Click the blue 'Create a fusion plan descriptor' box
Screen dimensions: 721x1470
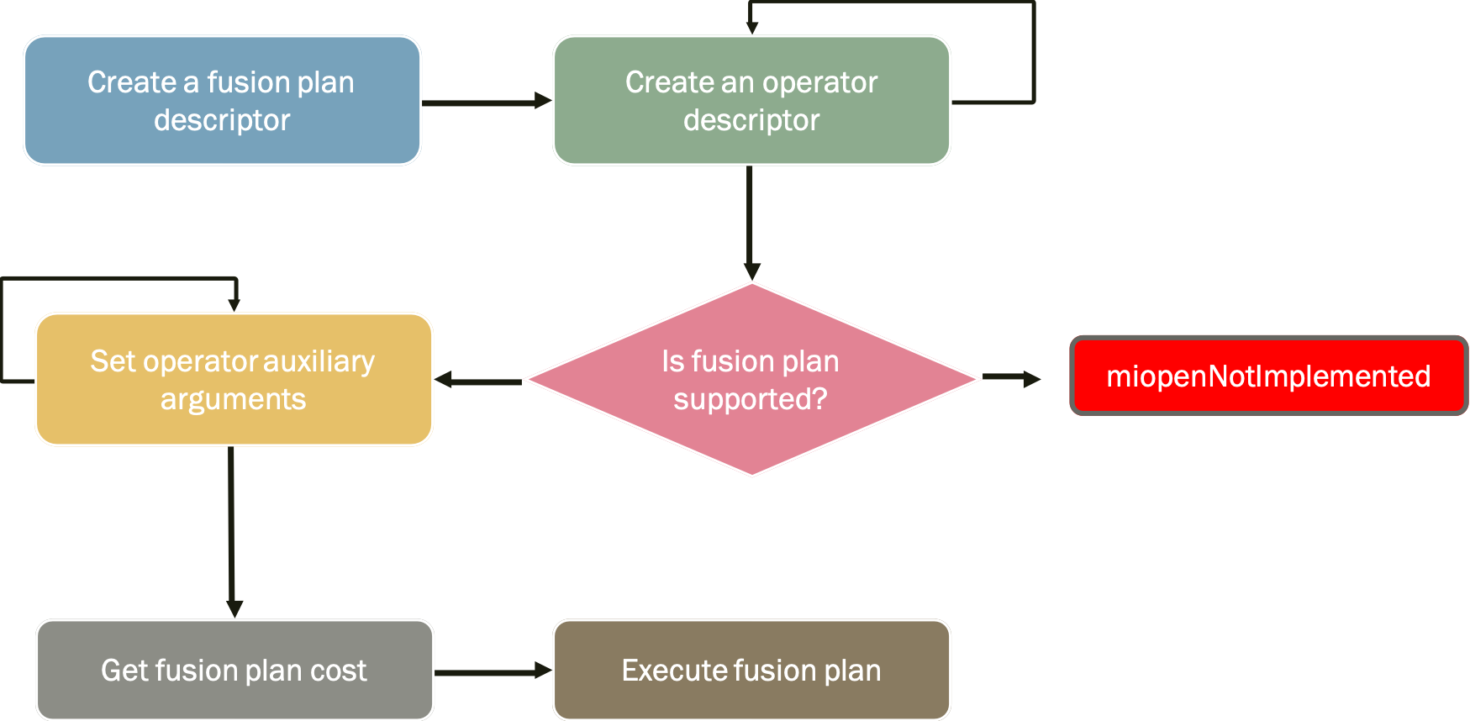(222, 101)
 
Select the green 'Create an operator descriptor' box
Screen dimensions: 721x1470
(751, 101)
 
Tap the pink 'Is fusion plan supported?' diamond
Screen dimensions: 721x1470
(751, 379)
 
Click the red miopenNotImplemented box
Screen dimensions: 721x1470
(1268, 376)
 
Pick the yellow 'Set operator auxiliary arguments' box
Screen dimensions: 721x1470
(234, 379)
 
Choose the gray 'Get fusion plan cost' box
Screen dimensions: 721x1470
(234, 670)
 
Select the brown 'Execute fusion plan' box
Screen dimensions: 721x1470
(751, 670)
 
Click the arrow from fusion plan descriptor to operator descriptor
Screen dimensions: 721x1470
(486, 103)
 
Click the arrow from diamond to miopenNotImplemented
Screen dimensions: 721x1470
(1011, 379)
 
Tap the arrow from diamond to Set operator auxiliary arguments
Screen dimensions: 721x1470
(479, 381)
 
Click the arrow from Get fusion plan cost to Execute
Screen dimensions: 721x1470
(493, 671)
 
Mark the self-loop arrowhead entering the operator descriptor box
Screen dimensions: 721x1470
(751, 27)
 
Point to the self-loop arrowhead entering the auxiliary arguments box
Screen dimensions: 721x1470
(234, 303)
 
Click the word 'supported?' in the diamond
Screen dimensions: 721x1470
(750, 399)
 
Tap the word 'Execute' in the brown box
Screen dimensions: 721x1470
(674, 670)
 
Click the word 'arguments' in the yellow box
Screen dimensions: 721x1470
(233, 399)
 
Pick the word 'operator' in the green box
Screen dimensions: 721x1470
(819, 82)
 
